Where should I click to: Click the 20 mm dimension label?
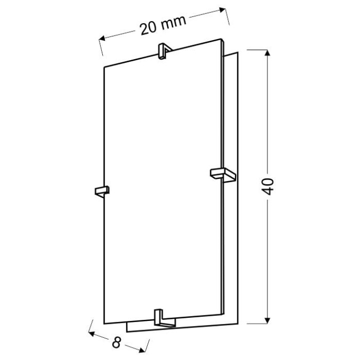(x=163, y=25)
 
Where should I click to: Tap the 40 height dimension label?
(x=268, y=186)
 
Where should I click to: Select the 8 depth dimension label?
(x=117, y=343)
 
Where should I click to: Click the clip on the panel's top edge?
(x=165, y=51)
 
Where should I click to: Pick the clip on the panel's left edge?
(x=102, y=191)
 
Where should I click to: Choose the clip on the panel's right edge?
(x=223, y=175)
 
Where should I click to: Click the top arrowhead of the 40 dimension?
(x=267, y=53)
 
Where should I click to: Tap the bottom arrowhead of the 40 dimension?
(x=267, y=320)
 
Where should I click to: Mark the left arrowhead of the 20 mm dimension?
(x=102, y=38)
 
